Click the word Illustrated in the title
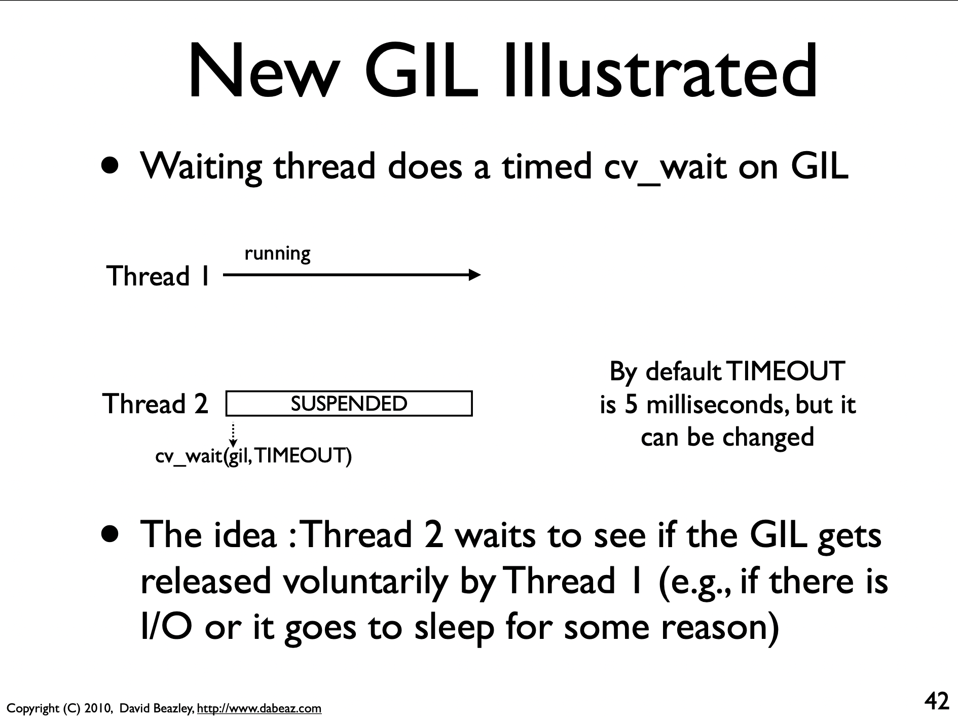[660, 70]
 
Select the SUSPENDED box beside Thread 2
[349, 404]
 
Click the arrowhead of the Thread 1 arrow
[474, 275]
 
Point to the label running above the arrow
[277, 254]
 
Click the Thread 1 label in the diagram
[158, 276]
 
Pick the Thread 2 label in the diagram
[155, 404]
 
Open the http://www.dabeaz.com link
[259, 708]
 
